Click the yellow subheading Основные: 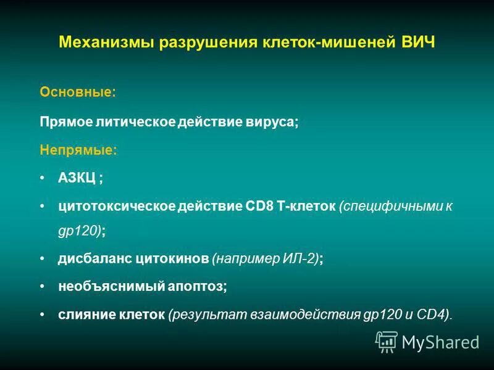[77, 92]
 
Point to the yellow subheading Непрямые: [79, 150]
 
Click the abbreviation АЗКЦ [77, 178]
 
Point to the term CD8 [254, 205]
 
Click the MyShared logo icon [387, 341]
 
